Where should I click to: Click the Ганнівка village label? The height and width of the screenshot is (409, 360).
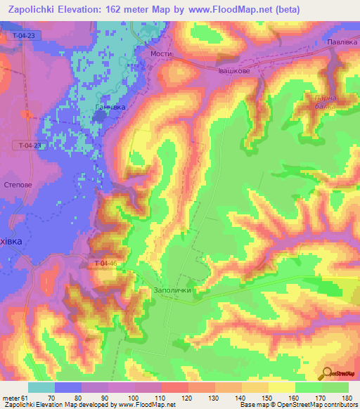[x=110, y=108]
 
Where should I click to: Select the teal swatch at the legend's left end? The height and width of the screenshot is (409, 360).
[x=41, y=387]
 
